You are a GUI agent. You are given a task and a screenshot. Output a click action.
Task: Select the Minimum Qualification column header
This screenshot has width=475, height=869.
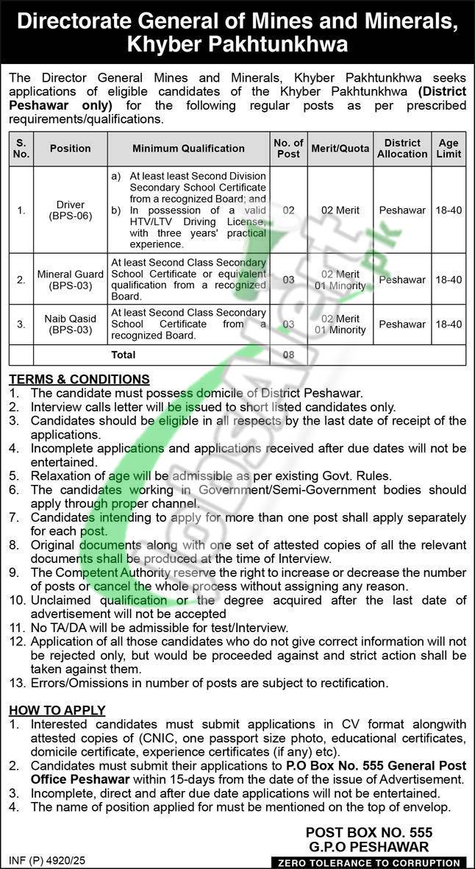coord(188,149)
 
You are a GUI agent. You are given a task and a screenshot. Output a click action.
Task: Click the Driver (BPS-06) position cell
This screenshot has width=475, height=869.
coord(71,210)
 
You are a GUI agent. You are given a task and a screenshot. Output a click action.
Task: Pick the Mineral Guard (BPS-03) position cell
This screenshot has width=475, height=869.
coord(71,280)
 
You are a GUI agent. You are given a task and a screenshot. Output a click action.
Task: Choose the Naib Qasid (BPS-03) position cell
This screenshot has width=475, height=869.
coord(71,324)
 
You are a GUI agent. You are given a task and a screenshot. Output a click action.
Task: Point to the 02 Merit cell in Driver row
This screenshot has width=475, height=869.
coord(340,210)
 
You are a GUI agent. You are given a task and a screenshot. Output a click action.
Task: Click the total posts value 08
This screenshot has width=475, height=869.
coord(288,355)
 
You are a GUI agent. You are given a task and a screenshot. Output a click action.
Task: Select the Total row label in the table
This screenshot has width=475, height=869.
coord(123,355)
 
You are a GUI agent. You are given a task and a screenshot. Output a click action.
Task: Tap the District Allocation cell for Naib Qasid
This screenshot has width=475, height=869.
coord(402,324)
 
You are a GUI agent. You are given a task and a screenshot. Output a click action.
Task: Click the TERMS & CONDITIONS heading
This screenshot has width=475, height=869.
coord(79,380)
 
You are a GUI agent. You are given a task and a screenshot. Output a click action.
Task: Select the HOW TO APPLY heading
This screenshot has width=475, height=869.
coord(57,711)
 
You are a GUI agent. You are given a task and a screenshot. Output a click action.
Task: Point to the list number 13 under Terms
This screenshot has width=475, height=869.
coord(17,684)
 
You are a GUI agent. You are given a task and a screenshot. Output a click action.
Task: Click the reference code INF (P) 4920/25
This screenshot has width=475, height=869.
coord(47,859)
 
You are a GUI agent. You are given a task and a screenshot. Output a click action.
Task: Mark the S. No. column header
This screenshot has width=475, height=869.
coord(21,149)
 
